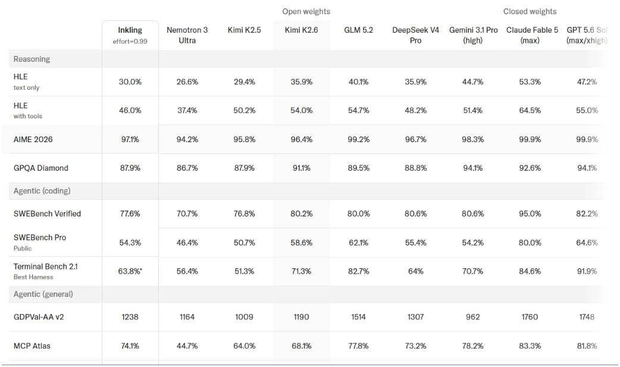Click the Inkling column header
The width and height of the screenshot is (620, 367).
130,30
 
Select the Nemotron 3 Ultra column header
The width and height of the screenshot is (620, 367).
187,35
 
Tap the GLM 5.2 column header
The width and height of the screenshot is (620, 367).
359,30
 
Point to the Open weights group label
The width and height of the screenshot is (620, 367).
306,11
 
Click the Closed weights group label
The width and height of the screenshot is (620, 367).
530,11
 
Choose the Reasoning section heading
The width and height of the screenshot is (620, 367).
32,59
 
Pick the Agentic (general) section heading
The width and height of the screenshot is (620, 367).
43,294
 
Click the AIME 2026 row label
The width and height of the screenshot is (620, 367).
33,139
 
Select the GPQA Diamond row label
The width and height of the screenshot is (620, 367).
40,168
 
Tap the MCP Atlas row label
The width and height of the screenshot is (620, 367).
32,346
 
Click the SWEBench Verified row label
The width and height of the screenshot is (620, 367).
47,214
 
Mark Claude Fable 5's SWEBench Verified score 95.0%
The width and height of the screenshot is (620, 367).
530,214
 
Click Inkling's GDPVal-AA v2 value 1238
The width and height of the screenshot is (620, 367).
130,317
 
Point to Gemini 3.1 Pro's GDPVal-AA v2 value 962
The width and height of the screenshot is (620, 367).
473,317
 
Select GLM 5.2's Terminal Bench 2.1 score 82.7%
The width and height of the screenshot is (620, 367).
359,271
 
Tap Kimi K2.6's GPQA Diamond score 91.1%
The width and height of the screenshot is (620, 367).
301,168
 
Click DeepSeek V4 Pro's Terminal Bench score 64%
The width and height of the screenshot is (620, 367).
415,271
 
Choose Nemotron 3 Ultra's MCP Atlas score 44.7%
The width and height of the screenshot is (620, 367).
187,346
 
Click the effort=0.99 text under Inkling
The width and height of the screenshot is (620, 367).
130,42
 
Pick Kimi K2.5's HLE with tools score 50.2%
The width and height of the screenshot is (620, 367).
245,110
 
